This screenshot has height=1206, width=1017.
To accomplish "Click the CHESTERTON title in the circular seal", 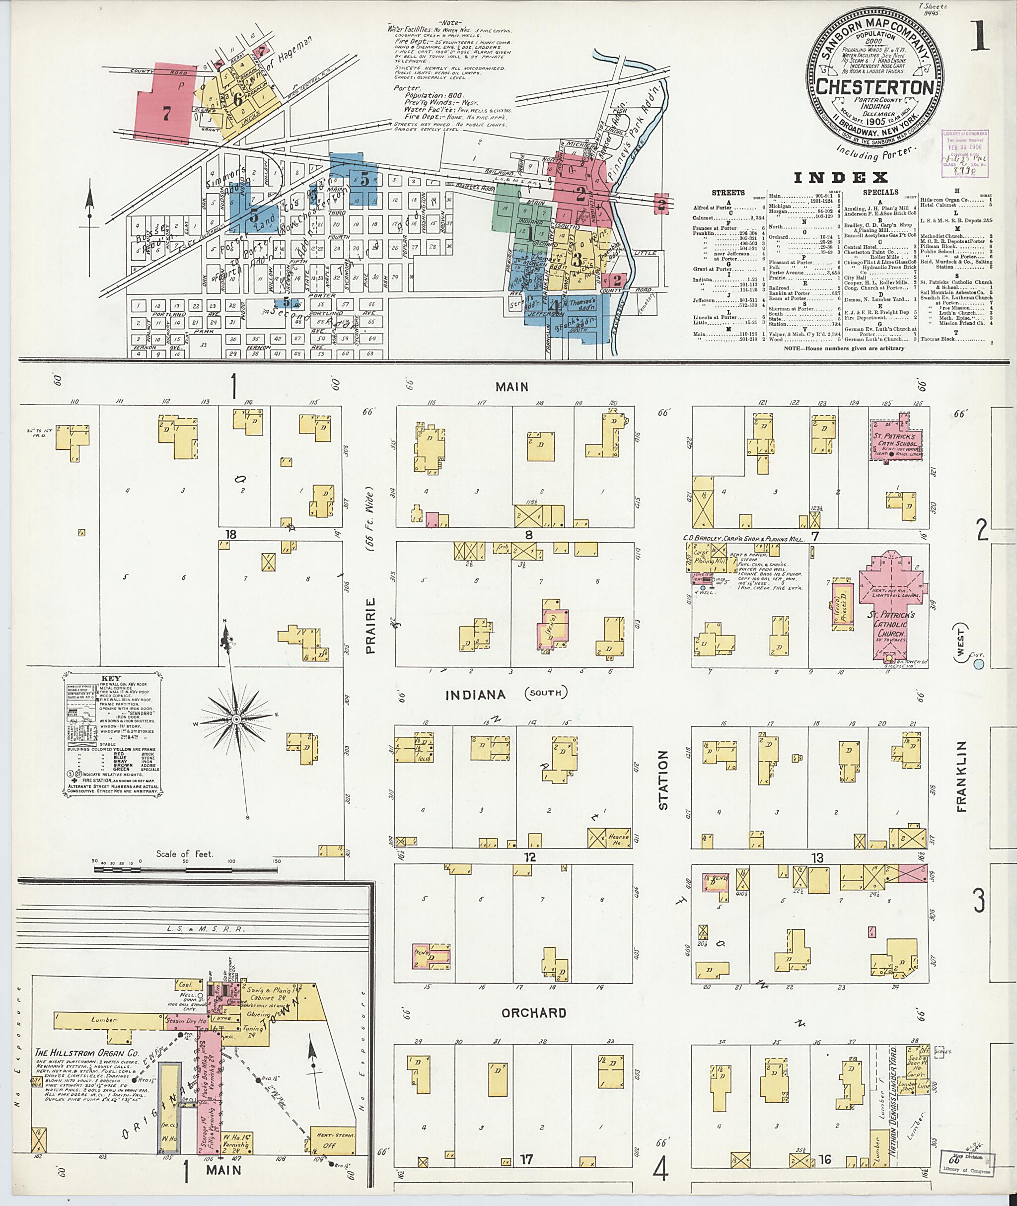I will point(875,87).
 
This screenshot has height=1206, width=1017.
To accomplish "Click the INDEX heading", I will point(840,178).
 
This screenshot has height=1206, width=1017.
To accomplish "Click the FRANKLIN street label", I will point(961,777).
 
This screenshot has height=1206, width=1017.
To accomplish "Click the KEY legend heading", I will point(111,679).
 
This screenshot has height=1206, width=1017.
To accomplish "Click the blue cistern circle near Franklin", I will point(978,665).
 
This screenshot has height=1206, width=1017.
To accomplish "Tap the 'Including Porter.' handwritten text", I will point(878,153).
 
